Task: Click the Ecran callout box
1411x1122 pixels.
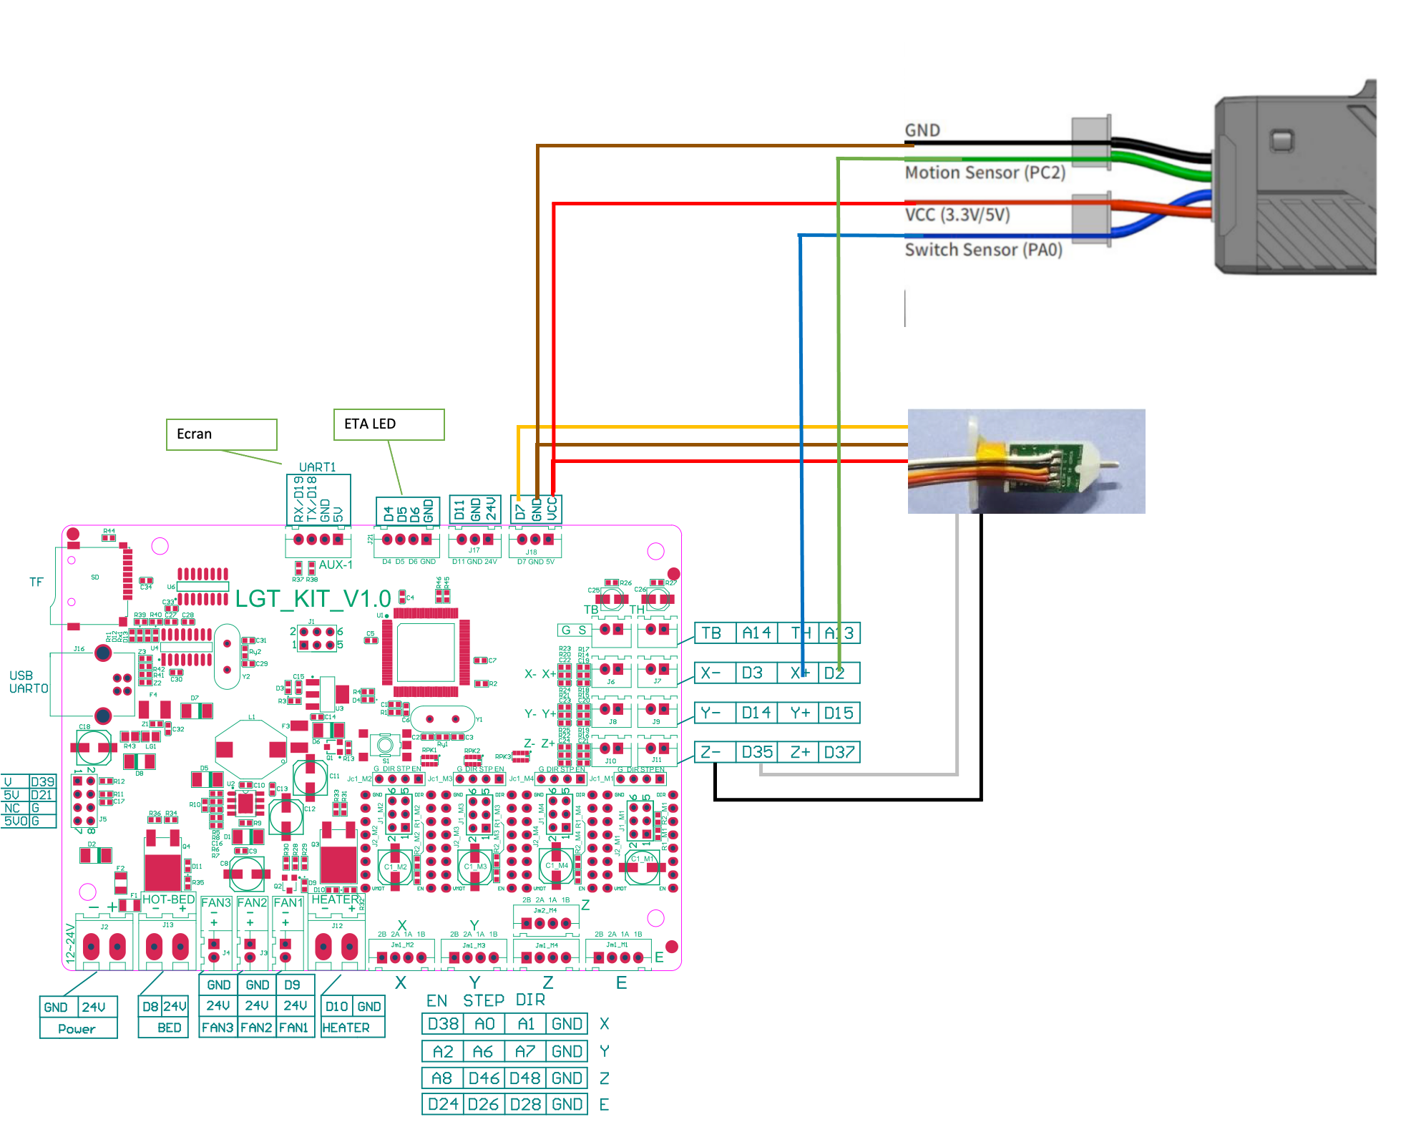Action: [221, 434]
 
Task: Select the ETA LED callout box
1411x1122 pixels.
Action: [389, 424]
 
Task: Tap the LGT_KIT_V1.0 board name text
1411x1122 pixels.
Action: [313, 599]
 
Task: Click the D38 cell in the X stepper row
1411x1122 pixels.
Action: [443, 1024]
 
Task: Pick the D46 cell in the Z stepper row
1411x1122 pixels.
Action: [484, 1078]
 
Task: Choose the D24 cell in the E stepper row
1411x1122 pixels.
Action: [443, 1104]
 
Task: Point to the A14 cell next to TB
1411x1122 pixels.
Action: [756, 633]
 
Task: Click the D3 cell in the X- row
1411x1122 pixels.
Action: [752, 673]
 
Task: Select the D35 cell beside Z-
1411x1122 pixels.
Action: [757, 752]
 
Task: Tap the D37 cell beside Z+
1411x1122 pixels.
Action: [839, 752]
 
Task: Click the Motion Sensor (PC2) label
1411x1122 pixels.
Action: [985, 173]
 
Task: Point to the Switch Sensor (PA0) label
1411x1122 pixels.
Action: [983, 250]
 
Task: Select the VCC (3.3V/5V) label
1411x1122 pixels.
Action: [957, 215]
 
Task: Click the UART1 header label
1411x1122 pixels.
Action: [317, 467]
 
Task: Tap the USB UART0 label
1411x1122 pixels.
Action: [28, 682]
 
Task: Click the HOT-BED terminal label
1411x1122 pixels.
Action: [168, 899]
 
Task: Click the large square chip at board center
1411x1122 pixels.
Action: [426, 652]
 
